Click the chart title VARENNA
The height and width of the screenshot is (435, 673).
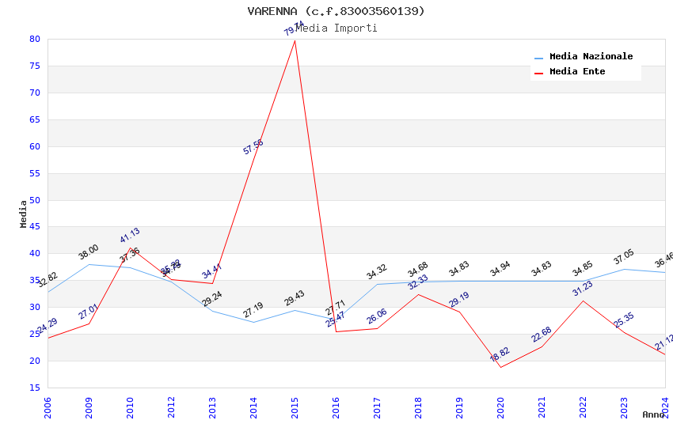[336, 11]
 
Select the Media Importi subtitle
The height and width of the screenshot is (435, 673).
[336, 28]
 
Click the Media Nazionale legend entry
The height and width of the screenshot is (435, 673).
[591, 57]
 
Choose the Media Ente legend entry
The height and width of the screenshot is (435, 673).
[577, 72]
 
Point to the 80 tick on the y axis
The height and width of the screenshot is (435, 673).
[34, 39]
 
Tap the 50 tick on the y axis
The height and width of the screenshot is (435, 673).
[34, 200]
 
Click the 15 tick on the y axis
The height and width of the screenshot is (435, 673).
[34, 388]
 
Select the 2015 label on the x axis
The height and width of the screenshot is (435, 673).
[295, 407]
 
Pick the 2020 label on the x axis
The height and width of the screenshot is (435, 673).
[501, 407]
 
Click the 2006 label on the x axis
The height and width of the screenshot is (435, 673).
[48, 407]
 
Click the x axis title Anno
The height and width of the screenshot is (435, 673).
[653, 414]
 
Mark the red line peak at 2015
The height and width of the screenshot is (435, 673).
[295, 40]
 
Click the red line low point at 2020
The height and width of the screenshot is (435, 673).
[500, 367]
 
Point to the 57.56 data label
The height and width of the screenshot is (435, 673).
[253, 146]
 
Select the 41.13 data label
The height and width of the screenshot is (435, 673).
[130, 235]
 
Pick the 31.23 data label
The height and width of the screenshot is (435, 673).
[583, 289]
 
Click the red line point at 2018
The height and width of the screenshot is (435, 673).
[418, 294]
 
